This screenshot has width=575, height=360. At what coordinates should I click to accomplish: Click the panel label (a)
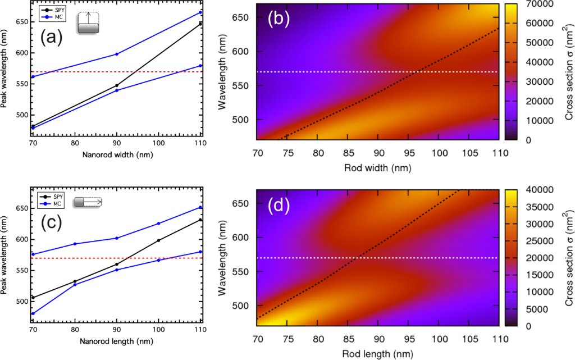pyautogui.click(x=51, y=38)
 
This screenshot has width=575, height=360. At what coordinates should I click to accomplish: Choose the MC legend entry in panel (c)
pyautogui.click(x=58, y=203)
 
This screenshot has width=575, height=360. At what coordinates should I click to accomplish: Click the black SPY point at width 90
pyautogui.click(x=116, y=85)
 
